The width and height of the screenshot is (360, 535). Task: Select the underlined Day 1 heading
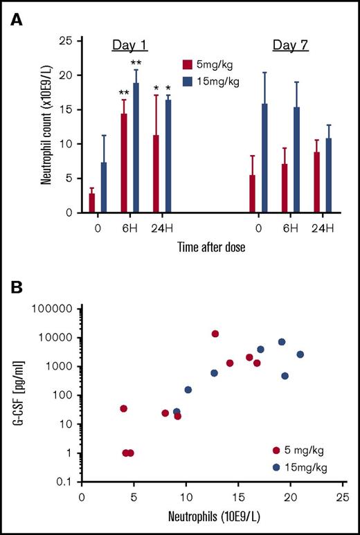click(x=129, y=46)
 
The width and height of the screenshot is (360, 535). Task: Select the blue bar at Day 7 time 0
click(x=264, y=158)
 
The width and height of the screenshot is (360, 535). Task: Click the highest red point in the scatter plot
click(x=215, y=334)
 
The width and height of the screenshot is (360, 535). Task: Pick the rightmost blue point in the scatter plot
click(x=300, y=354)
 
